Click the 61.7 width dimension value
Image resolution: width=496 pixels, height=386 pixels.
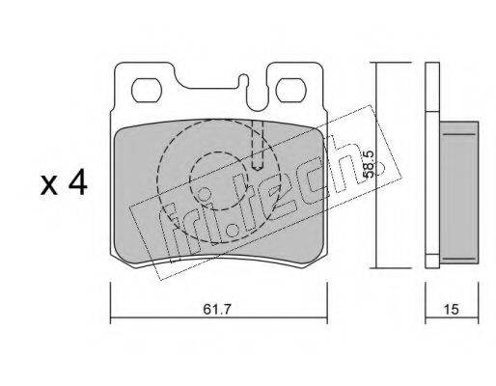[x=217, y=310]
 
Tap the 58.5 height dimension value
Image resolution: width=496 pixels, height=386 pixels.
[x=368, y=165]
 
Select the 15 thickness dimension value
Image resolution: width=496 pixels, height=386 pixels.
[x=451, y=310]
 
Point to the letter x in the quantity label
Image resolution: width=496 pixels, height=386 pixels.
[x=49, y=186]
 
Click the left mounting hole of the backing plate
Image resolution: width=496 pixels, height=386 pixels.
[x=147, y=91]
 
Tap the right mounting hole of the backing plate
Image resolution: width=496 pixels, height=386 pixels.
[x=291, y=91]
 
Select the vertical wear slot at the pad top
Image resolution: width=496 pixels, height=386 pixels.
[x=258, y=146]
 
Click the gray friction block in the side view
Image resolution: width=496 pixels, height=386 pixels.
[x=459, y=192]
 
